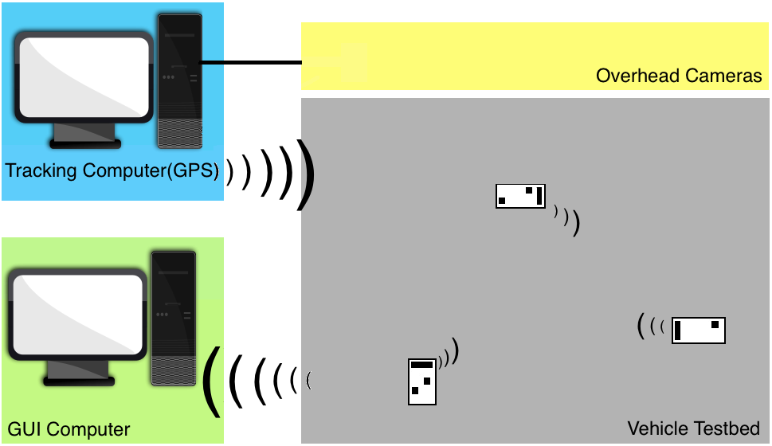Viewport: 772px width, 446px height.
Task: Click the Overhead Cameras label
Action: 679,76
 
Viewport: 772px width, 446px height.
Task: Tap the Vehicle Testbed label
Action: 693,428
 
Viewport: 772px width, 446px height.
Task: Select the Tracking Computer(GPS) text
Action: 112,170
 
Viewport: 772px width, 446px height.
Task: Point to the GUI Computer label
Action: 69,429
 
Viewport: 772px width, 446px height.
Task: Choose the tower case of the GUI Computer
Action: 173,319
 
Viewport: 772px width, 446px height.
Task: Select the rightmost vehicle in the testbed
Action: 698,330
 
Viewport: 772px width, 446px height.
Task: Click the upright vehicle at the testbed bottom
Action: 422,381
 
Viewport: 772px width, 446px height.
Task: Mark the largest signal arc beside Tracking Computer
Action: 304,175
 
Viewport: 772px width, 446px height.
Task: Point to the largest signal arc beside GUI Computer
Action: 210,381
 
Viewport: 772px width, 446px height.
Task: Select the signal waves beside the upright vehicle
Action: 451,354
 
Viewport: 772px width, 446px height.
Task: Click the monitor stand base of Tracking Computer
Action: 84,143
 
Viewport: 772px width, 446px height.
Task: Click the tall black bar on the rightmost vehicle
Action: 677,330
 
